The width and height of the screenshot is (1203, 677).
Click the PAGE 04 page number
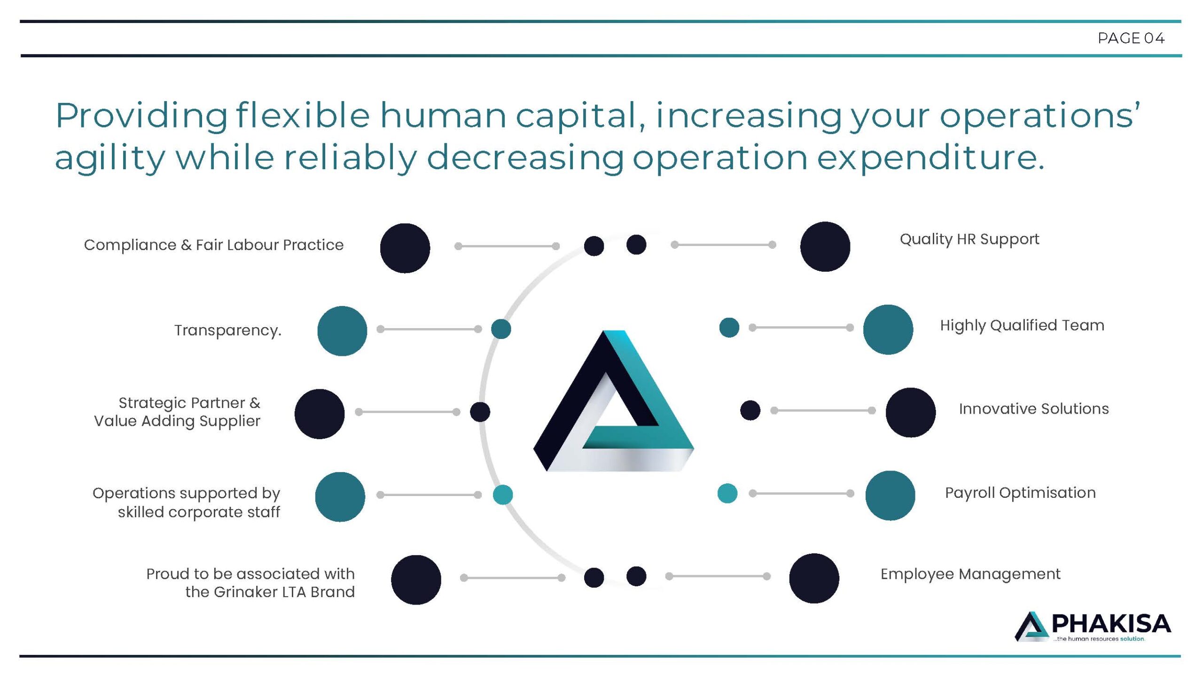point(1131,38)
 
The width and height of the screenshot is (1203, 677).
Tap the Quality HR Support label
point(969,239)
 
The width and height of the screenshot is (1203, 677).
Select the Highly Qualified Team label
point(1022,325)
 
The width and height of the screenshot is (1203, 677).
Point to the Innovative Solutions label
point(1033,409)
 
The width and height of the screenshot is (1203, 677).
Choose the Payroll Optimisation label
point(1020,493)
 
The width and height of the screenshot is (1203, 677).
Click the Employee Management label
point(970,574)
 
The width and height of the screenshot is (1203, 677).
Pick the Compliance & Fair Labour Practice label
point(213,245)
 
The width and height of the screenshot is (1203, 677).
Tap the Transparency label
point(228,330)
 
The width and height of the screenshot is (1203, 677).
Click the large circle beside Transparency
point(342,331)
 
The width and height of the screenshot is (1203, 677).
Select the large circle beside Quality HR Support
point(825,246)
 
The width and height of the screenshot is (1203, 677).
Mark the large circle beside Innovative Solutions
point(911,412)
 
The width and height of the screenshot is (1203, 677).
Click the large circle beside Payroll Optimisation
point(890,496)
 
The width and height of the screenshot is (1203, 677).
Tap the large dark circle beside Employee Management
point(814,578)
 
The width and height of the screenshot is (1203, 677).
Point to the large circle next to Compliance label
point(405,248)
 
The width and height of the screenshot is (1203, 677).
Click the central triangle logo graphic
point(613,401)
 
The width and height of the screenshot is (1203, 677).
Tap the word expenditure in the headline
point(930,157)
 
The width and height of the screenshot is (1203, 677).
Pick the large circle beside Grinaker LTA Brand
point(416,580)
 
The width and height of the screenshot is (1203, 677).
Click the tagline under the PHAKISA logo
point(1099,639)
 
